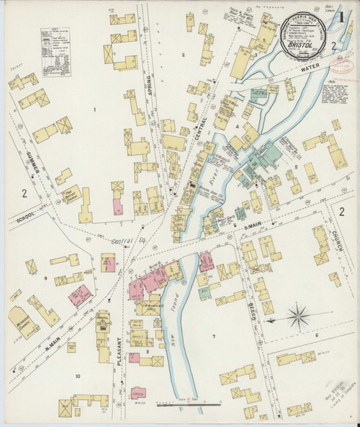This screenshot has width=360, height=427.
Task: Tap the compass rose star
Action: (x=297, y=314)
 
